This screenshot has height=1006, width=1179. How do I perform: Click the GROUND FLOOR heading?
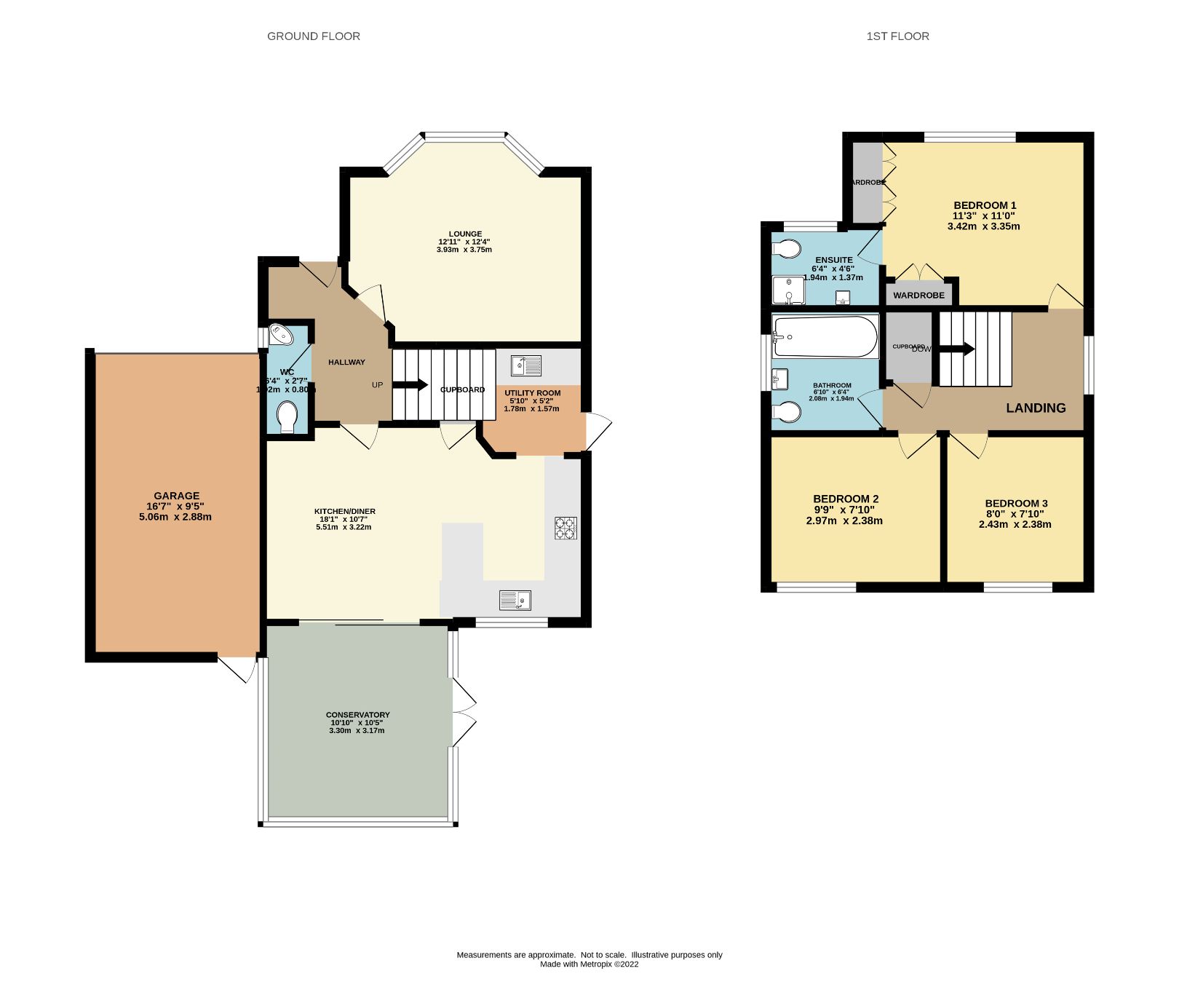(x=314, y=36)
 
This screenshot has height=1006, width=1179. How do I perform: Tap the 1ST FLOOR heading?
(x=897, y=36)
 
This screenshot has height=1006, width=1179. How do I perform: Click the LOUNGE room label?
(x=465, y=234)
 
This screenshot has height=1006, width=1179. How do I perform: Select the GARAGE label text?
(x=176, y=496)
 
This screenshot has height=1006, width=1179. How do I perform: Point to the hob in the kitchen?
(x=565, y=528)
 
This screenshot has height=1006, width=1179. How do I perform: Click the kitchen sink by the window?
(x=515, y=600)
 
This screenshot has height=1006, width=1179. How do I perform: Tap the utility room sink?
(x=525, y=365)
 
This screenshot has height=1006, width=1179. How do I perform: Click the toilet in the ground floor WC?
(x=287, y=419)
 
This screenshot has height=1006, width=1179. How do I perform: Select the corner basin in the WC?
(x=279, y=335)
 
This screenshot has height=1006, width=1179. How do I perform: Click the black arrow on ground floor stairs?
(x=411, y=385)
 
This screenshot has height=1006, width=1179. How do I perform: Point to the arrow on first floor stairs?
(x=958, y=349)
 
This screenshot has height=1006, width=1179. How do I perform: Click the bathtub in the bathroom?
(x=825, y=336)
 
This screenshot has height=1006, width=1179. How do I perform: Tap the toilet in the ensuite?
(x=786, y=249)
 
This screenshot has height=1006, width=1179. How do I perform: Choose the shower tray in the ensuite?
(x=788, y=290)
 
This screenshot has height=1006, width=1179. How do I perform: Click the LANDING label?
(x=1036, y=408)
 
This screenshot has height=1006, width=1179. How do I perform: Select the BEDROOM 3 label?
(x=1016, y=503)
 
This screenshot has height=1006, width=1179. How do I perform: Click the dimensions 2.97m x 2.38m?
(x=844, y=520)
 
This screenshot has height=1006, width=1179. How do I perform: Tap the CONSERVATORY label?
(x=357, y=715)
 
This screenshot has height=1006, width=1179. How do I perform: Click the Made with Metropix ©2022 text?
(x=589, y=964)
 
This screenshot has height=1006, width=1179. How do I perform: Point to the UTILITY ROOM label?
(x=533, y=393)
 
